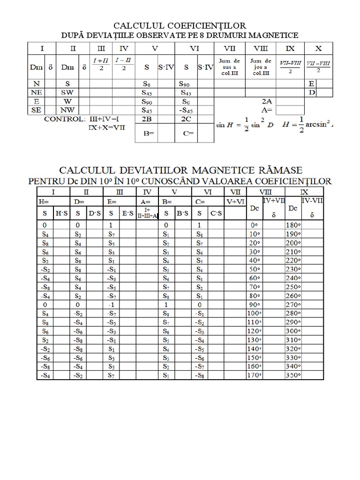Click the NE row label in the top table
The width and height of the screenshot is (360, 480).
pyautogui.click(x=36, y=92)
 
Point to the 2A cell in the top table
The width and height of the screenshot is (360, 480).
pyautogui.click(x=267, y=101)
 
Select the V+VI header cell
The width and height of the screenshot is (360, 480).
pyautogui.click(x=236, y=202)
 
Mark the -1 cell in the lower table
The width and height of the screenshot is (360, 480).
pyautogui.click(x=111, y=304)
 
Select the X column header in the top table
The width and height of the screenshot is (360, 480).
pyautogui.click(x=319, y=48)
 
